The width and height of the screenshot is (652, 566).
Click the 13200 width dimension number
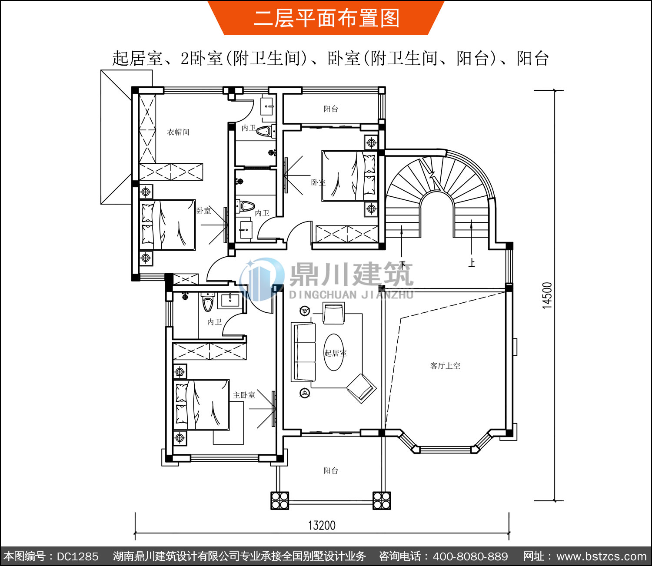click(x=322, y=525)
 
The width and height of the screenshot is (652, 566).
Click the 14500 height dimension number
click(x=547, y=296)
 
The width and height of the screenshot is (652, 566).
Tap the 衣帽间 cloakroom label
click(x=179, y=132)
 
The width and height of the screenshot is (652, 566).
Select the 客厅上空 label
click(x=445, y=366)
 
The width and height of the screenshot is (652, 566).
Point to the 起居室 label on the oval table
click(x=335, y=353)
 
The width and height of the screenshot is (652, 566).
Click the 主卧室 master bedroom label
click(x=244, y=395)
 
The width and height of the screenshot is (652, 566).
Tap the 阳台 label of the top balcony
click(x=331, y=109)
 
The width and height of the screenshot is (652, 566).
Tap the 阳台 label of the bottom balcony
click(x=331, y=470)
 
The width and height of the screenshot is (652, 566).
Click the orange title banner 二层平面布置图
click(x=326, y=18)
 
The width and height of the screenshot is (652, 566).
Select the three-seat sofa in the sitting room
click(x=303, y=352)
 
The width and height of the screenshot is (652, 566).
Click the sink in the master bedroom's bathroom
click(x=230, y=300)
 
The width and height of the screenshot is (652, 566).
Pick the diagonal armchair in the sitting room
click(x=361, y=388)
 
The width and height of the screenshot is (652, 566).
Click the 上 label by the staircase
click(x=472, y=263)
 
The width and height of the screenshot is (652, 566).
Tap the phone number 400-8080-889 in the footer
click(x=470, y=556)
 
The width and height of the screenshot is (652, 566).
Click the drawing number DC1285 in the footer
click(x=77, y=556)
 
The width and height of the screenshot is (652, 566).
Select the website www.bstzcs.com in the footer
click(x=602, y=556)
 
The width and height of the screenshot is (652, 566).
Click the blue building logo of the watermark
click(x=261, y=279)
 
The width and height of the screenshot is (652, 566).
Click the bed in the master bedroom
click(x=201, y=404)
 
